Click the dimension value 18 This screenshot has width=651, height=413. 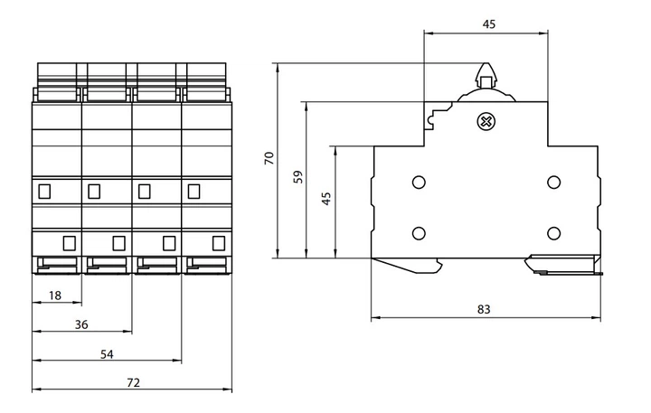click(54, 296)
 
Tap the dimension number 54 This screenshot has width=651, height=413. click(106, 354)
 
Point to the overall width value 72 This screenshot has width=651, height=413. click(132, 383)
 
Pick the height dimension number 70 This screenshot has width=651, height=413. click(269, 158)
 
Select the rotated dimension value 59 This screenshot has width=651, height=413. click(299, 177)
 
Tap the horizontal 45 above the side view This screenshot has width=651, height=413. click(488, 25)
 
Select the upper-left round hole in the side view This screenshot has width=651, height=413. click(419, 183)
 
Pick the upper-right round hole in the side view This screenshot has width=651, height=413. click(553, 183)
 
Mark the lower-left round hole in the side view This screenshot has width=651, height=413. click(419, 233)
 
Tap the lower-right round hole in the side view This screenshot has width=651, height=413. click(553, 233)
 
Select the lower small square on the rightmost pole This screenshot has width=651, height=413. click(217, 242)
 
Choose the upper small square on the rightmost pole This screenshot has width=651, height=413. click(193, 191)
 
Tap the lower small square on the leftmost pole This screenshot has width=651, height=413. click(68, 242)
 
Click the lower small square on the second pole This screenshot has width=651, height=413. click(118, 242)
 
